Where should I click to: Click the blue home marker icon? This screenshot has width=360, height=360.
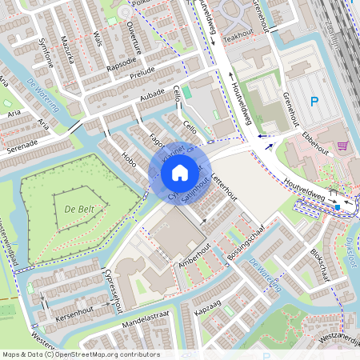click(x=180, y=172)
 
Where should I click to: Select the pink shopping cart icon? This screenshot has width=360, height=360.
click(x=343, y=146)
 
